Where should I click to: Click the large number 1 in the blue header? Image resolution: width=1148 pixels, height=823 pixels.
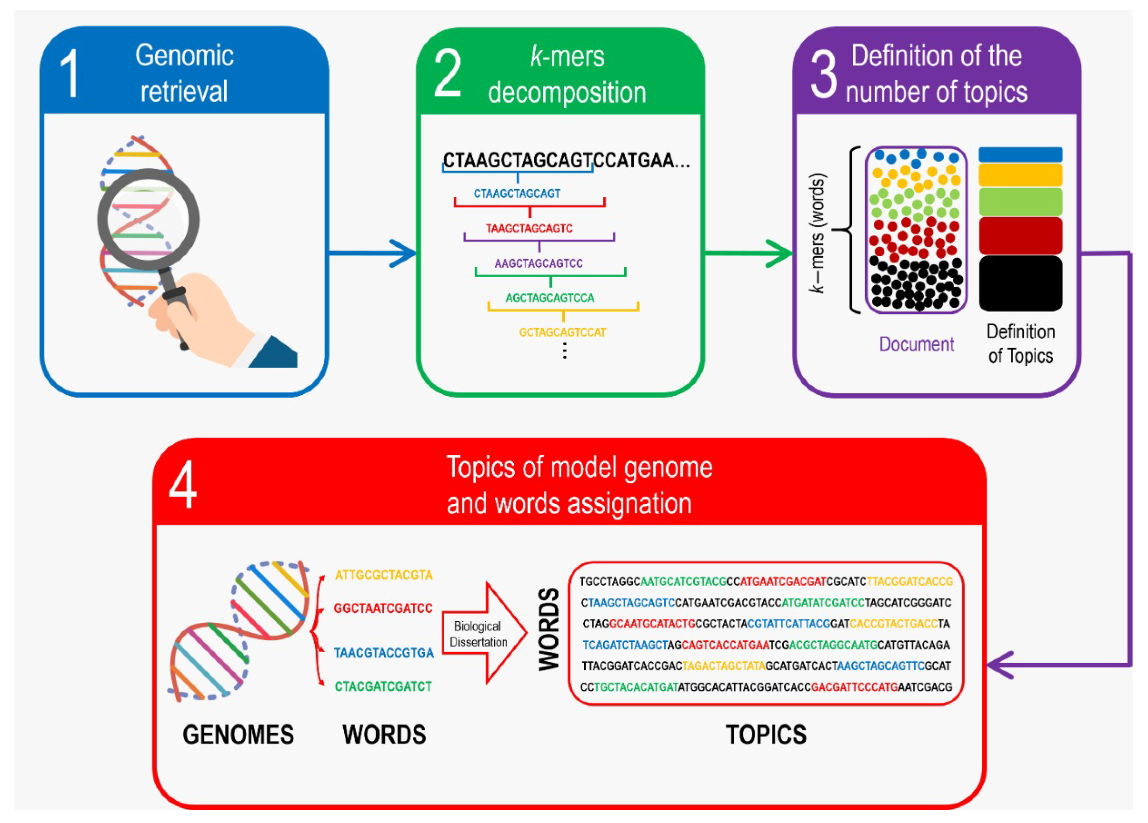[70, 74]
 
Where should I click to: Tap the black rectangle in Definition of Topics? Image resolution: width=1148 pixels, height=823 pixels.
[1020, 283]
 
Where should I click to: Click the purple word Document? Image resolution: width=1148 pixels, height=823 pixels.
[916, 344]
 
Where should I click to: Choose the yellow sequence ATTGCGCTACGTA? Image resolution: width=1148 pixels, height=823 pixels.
[384, 575]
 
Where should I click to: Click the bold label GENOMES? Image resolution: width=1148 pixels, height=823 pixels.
[238, 735]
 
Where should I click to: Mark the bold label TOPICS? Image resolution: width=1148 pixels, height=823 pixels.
[766, 735]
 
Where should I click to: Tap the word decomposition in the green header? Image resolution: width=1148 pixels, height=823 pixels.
[567, 92]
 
